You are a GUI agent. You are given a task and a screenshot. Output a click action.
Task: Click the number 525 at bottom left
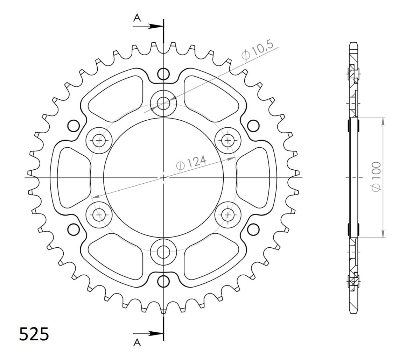pos(34,334)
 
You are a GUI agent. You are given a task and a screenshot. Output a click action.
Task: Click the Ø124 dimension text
pos(191,163)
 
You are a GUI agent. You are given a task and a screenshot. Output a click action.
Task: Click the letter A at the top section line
pos(137,18)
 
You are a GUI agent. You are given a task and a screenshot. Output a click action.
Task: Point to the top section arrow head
pos(156,26)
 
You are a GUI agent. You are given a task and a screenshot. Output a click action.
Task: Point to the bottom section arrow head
pos(156,333)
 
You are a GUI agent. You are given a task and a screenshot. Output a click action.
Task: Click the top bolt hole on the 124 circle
pos(163,103)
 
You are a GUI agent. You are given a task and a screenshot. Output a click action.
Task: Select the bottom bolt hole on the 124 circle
pos(163,252)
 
